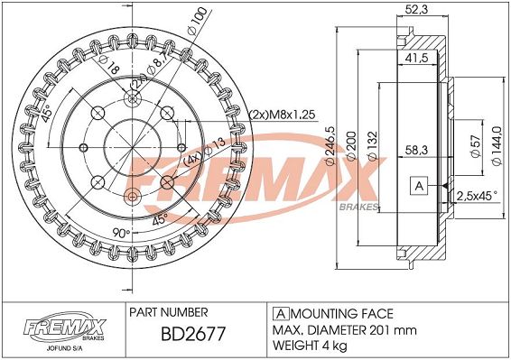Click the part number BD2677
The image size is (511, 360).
pos(193,334)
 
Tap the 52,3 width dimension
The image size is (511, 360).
pos(416,9)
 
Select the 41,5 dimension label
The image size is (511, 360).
pos(416,58)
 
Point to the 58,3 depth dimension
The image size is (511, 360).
pos(416,150)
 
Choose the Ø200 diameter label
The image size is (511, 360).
pos(351,146)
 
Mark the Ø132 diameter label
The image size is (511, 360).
pos(372,145)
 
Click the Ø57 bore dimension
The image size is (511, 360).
pos(477,146)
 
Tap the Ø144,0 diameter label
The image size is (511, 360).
pos(497,145)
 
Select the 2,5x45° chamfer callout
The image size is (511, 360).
pos(477,196)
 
